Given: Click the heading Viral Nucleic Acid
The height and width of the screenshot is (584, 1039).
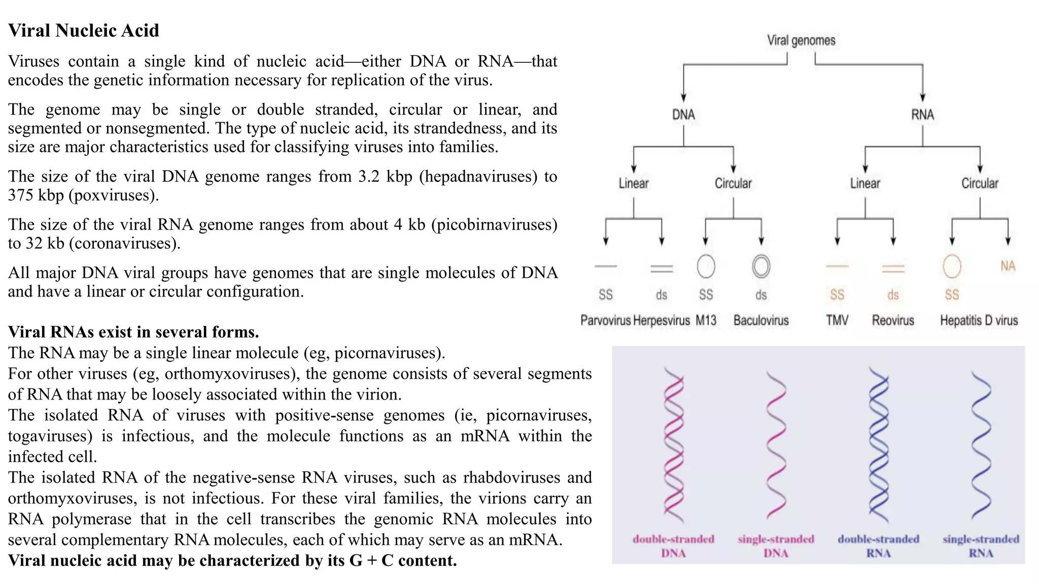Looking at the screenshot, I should tap(84, 31).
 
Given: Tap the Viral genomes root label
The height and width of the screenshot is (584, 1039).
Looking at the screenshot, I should tap(801, 41).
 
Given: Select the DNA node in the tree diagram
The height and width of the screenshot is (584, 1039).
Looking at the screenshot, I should tap(683, 115).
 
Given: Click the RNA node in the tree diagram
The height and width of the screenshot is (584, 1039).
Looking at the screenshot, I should tap(922, 115).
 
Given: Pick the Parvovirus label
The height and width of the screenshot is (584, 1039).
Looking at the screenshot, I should tap(605, 320).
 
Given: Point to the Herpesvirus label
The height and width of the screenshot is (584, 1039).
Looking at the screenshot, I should tap(662, 320).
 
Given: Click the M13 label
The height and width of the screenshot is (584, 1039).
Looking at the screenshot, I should tap(706, 320).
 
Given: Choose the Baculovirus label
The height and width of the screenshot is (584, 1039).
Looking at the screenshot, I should tap(761, 320).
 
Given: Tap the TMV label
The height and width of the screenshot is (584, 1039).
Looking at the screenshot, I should tap(837, 320).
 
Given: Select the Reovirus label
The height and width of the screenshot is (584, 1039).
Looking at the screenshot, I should tap(893, 320).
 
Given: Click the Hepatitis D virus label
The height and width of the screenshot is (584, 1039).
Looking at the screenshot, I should tap(979, 320).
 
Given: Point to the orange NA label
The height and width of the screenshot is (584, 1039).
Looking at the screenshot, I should tap(1008, 266).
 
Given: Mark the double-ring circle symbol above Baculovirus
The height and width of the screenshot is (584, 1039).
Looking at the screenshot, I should tap(761, 266).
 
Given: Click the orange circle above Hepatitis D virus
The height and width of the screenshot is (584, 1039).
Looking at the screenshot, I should tap(952, 266).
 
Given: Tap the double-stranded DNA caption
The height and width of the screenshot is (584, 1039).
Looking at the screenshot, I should tap(673, 546).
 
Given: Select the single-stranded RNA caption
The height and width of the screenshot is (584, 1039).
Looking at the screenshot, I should tap(981, 546).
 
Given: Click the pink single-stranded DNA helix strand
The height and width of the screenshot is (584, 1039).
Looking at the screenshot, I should tap(776, 446).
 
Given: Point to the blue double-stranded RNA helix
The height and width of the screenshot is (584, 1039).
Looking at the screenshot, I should tap(879, 446).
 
